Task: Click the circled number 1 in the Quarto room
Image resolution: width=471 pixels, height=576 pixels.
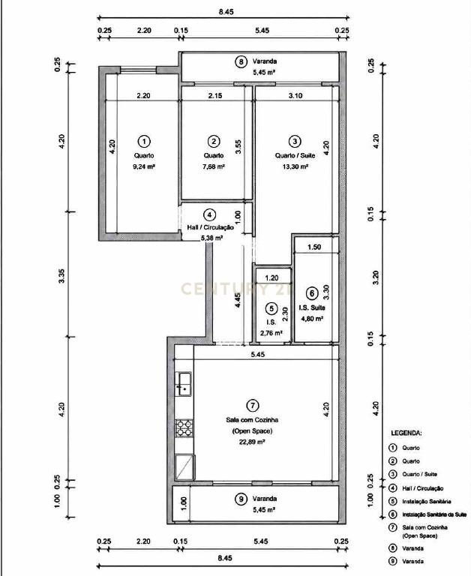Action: (144, 141)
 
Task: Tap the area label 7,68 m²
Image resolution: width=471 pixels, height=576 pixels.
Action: (214, 166)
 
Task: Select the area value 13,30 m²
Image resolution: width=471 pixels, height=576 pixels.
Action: (294, 166)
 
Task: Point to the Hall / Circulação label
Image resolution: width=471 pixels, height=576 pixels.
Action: (210, 227)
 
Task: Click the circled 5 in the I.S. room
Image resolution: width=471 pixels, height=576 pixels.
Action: (271, 308)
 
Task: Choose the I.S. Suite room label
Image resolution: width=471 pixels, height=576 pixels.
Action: (311, 307)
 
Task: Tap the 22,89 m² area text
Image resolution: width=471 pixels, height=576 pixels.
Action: (252, 442)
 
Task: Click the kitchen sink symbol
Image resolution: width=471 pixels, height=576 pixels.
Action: (184, 384)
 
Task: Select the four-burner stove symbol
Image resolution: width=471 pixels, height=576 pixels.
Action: (184, 428)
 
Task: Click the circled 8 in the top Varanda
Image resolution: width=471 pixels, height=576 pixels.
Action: (241, 61)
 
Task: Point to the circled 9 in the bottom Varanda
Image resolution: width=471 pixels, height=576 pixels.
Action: (241, 499)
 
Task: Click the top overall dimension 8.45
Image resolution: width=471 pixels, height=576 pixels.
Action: (226, 11)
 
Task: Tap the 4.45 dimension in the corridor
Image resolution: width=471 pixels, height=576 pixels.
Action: (238, 300)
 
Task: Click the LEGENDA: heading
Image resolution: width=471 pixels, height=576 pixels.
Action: (406, 433)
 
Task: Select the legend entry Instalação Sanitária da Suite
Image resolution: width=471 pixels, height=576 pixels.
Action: (434, 514)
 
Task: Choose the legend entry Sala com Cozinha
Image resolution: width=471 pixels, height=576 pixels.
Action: (424, 527)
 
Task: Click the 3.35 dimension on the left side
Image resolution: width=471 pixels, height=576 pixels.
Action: (61, 276)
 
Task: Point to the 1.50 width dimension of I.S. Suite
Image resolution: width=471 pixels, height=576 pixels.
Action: (314, 247)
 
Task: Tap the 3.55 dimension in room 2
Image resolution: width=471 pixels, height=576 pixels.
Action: (238, 147)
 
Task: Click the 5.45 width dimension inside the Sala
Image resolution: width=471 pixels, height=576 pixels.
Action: (257, 355)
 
